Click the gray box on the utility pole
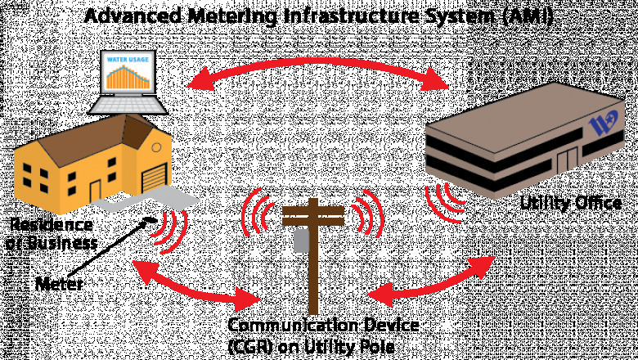point(301,239)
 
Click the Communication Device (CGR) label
point(322,336)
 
